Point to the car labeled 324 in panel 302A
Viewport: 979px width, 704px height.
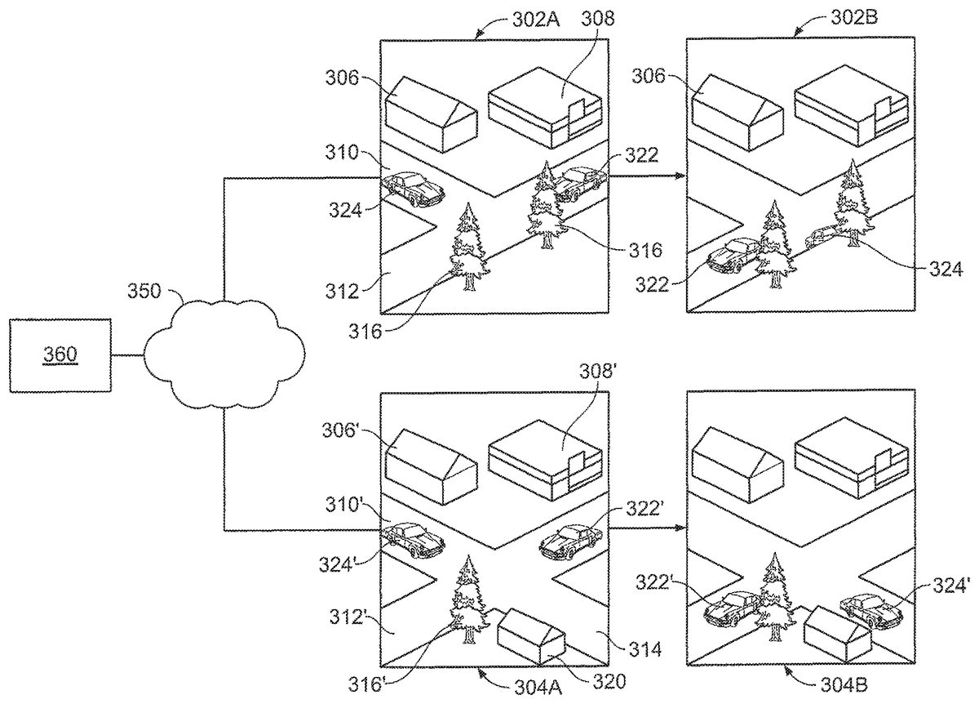(x=413, y=188)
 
